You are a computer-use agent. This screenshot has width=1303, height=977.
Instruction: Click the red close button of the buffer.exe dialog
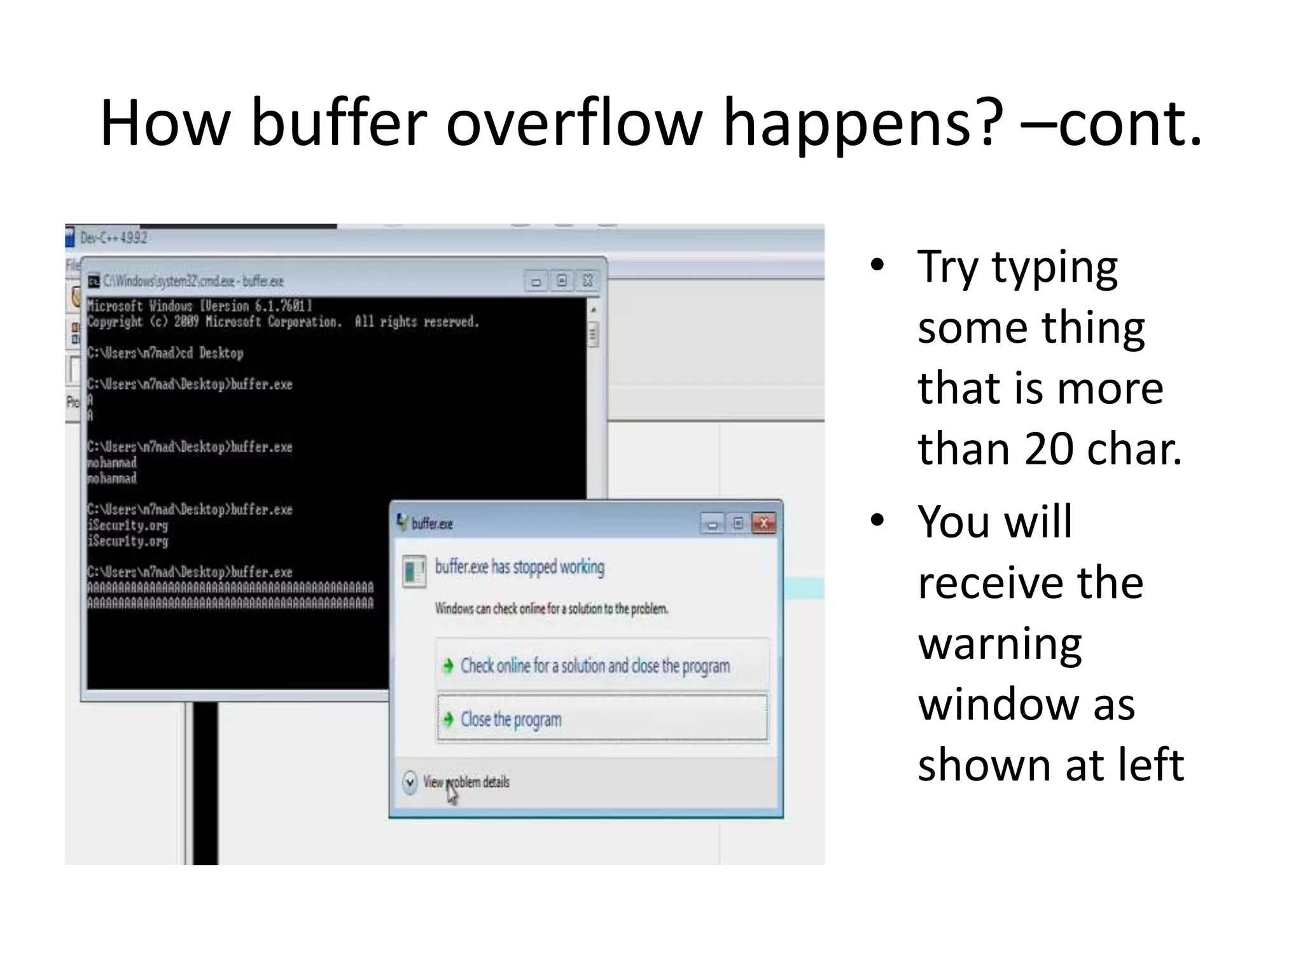pyautogui.click(x=763, y=523)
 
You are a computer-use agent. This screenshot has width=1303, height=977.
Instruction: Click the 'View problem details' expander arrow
pyautogui.click(x=410, y=782)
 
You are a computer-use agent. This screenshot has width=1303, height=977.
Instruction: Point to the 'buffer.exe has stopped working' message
pyautogui.click(x=519, y=567)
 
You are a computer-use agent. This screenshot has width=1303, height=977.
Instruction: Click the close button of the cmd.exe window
pyautogui.click(x=588, y=281)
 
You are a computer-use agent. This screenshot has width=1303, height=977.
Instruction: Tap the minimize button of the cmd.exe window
pyautogui.click(x=536, y=281)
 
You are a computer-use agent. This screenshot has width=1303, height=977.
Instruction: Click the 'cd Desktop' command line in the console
pyautogui.click(x=165, y=353)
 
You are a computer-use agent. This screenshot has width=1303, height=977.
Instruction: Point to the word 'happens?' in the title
pyautogui.click(x=863, y=124)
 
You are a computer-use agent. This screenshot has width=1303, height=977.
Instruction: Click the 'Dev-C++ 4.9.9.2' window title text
pyautogui.click(x=113, y=238)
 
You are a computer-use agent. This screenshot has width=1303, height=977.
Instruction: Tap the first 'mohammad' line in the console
pyautogui.click(x=112, y=462)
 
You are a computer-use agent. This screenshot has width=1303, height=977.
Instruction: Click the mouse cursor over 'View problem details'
pyautogui.click(x=452, y=792)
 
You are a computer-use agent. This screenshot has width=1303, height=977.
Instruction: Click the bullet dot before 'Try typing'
pyautogui.click(x=877, y=265)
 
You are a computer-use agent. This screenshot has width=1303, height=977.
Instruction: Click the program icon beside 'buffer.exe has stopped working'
pyautogui.click(x=414, y=571)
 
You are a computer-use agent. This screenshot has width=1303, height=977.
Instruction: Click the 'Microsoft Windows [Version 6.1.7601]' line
pyautogui.click(x=199, y=306)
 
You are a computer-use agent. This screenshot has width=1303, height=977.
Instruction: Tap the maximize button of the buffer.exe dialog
pyautogui.click(x=738, y=523)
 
